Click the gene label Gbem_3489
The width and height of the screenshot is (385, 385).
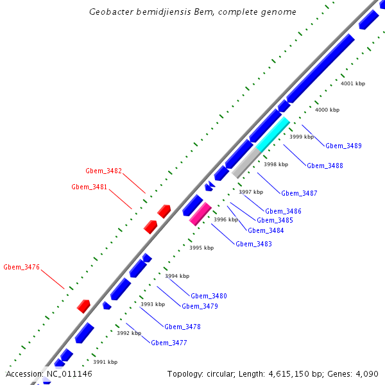pyautogui.click(x=343, y=146)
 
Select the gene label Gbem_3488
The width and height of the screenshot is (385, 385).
pyautogui.click(x=325, y=166)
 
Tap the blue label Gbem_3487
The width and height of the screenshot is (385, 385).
pyautogui.click(x=299, y=193)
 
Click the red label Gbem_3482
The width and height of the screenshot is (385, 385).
pyautogui.click(x=103, y=171)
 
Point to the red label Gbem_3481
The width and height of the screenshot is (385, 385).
pyautogui.click(x=89, y=187)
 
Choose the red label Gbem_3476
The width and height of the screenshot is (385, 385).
pyautogui.click(x=21, y=267)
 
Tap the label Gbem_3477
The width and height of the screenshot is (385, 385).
pyautogui.click(x=169, y=343)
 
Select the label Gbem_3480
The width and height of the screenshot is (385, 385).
pyautogui.click(x=209, y=296)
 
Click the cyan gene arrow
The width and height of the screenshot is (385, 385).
pyautogui.click(x=273, y=133)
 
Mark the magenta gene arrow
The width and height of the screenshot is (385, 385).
pyautogui.click(x=200, y=214)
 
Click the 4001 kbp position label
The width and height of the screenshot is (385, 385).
pyautogui.click(x=353, y=83)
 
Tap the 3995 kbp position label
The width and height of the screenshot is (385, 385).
pyautogui.click(x=201, y=248)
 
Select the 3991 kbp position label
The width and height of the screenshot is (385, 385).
pyautogui.click(x=105, y=362)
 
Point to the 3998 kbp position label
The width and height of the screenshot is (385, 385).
pyautogui.click(x=276, y=164)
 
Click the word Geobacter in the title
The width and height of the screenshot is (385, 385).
pyautogui.click(x=113, y=12)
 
